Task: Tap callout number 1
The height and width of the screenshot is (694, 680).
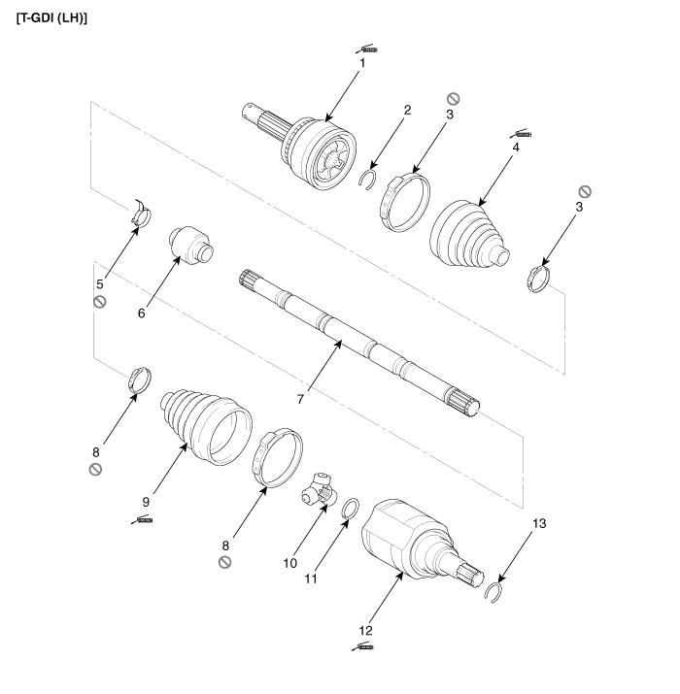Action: coord(361,63)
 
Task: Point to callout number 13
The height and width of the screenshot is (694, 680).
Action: coord(538,523)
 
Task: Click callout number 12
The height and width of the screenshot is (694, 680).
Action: coord(365,631)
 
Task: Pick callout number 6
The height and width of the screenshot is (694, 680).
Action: coord(143,314)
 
